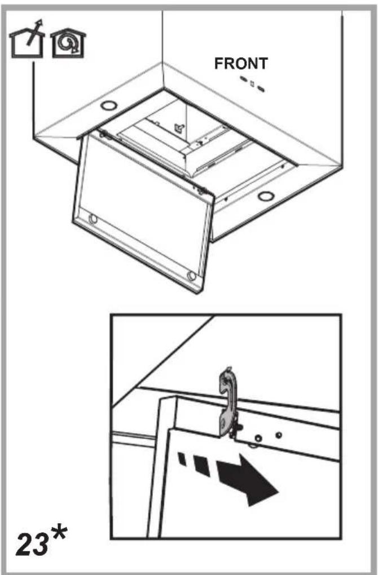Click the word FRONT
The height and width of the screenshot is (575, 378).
point(241,64)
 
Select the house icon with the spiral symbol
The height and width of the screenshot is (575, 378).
point(68,43)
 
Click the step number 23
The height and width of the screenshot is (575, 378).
point(32,544)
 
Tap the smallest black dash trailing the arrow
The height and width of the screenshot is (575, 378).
point(182,459)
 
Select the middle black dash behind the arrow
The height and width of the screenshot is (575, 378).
point(201,466)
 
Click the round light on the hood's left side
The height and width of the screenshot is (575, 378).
point(109,105)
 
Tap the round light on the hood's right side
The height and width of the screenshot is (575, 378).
point(265,196)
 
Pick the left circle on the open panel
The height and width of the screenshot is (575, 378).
point(94,219)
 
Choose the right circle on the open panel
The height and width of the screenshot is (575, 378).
point(191,276)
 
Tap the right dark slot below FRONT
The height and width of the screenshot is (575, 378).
point(261,89)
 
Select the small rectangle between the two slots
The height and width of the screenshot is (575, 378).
point(252,83)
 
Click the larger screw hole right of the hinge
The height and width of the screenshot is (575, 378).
point(258,438)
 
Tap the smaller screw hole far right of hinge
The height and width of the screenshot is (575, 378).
point(279,435)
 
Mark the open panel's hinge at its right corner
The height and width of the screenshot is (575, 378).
point(200,191)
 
